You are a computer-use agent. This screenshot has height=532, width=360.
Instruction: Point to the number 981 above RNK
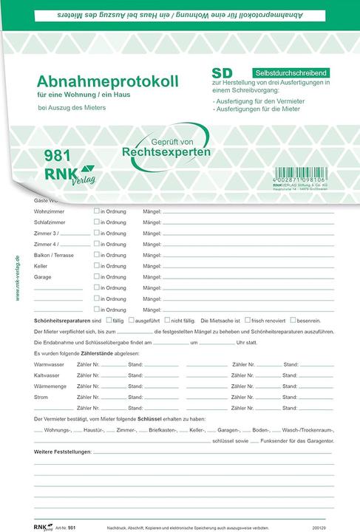pos(58,156)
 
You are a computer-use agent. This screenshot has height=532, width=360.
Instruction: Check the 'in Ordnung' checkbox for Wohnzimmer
pos(96,211)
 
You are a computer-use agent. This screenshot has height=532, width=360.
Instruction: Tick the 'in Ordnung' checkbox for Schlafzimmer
pos(96,222)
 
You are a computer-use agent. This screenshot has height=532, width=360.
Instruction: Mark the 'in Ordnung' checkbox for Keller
pos(96,265)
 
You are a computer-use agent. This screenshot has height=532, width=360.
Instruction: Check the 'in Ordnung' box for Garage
pos(96,276)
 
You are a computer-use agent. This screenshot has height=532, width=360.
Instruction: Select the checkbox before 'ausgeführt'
pos(131,321)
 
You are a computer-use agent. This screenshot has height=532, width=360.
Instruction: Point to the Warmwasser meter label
pos(49,364)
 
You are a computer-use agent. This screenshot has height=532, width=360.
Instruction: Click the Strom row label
pos(41,397)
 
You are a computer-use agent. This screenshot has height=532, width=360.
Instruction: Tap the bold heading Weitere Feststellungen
pos(63,451)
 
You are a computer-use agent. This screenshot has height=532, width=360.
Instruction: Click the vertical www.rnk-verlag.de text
pos(17,278)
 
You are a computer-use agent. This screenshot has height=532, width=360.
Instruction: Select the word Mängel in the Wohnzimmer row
pos(152,211)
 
